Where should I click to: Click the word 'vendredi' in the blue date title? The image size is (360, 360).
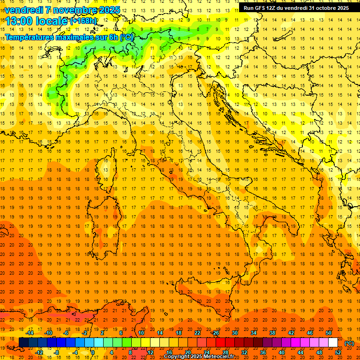[23, 10]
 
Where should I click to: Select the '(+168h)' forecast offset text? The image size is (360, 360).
[83, 21]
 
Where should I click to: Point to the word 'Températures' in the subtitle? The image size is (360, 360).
[29, 37]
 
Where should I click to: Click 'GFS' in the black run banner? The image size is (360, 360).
[260, 8]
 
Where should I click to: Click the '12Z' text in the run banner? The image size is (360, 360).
[273, 8]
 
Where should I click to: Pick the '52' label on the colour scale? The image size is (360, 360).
[338, 352]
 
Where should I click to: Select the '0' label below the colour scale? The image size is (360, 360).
[92, 352]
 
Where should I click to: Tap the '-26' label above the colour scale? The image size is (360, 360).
[215, 333]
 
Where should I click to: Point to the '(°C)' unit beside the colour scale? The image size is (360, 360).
[349, 343]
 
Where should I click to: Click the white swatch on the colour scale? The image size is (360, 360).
[333, 343]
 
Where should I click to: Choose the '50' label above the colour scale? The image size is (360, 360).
[329, 333]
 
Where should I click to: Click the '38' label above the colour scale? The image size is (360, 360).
[272, 333]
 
